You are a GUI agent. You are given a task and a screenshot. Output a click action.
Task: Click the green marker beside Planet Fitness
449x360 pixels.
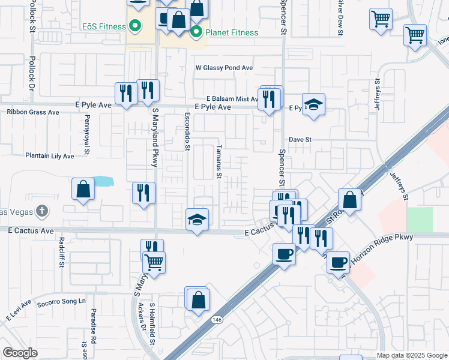[196, 32]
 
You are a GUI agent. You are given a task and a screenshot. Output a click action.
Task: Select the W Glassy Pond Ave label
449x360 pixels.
[224, 68]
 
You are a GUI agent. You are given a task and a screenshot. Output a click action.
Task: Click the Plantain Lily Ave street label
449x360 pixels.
[49, 156]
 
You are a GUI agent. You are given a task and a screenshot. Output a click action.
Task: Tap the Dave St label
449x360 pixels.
[300, 139]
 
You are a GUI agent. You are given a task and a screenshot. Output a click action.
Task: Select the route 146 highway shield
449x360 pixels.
[214, 320]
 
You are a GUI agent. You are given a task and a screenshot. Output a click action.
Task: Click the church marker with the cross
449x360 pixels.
[41, 211]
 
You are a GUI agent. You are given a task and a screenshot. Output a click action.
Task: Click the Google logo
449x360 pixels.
[20, 353]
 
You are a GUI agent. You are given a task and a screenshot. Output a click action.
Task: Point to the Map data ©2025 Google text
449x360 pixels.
[411, 355]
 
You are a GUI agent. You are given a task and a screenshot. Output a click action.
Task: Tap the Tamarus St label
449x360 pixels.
[220, 161]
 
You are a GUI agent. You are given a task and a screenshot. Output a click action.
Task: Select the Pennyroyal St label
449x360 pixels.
[87, 134]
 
